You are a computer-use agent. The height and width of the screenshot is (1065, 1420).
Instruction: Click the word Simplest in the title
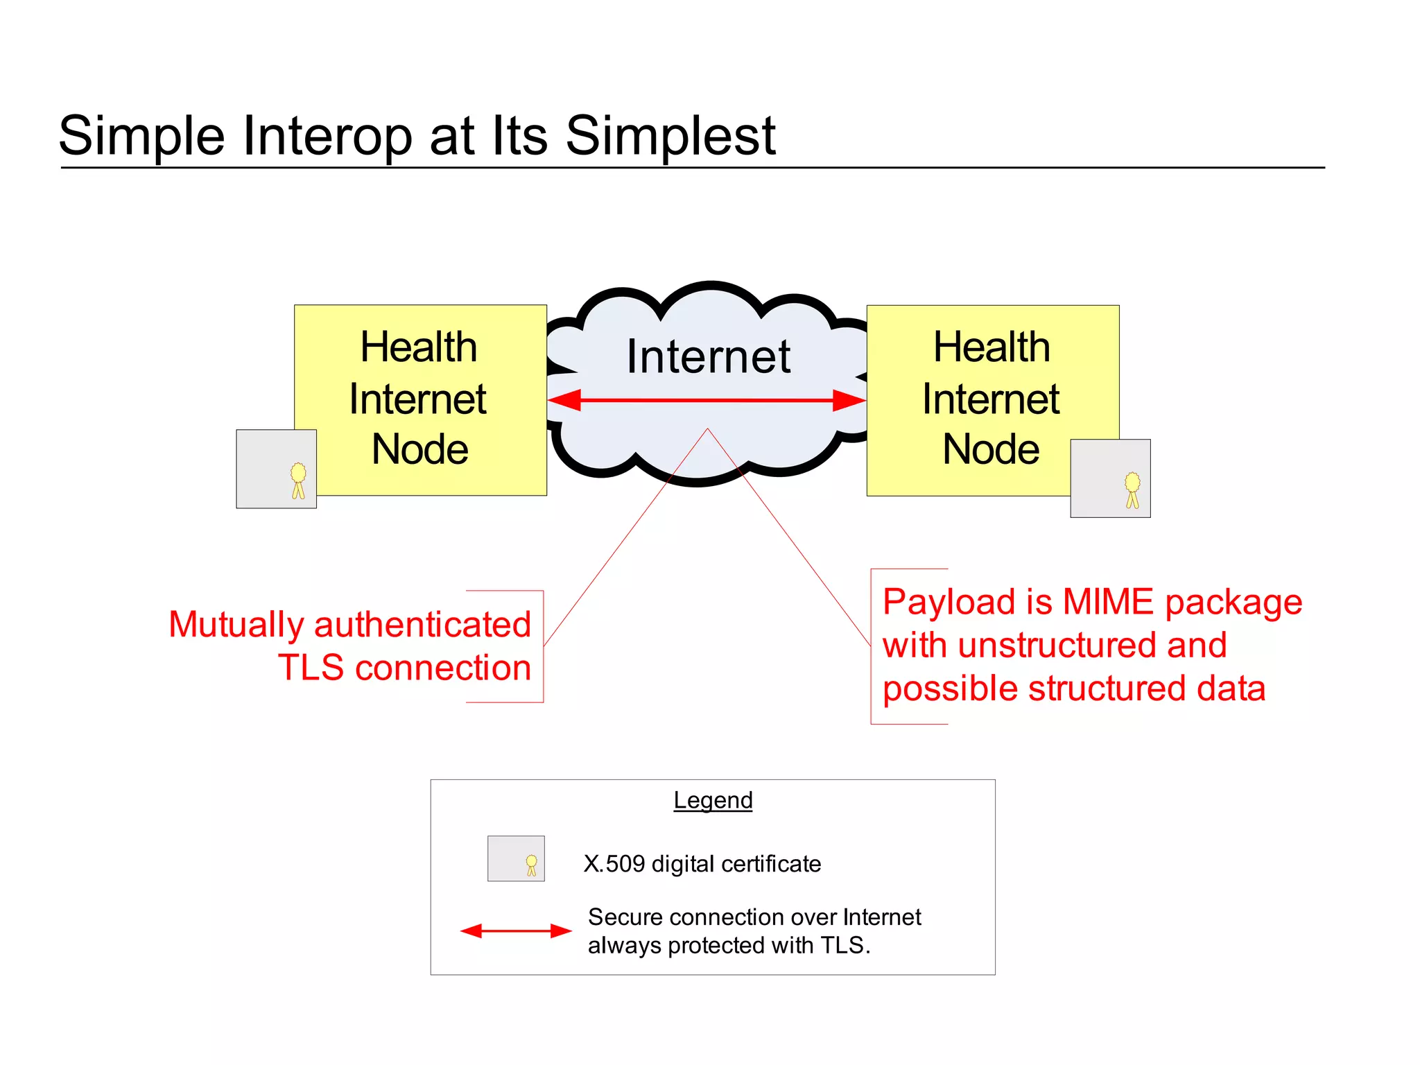(x=670, y=135)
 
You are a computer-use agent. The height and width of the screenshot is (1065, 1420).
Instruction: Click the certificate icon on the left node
(x=276, y=469)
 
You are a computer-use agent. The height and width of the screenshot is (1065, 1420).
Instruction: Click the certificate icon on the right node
(x=1110, y=478)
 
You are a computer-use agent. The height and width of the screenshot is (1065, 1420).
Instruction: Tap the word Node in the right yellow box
(x=991, y=449)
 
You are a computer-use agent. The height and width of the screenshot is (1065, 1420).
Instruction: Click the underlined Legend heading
(x=713, y=800)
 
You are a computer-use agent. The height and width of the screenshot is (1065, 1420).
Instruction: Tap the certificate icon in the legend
(x=516, y=858)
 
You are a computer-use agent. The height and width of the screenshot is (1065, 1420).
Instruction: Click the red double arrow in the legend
(x=516, y=930)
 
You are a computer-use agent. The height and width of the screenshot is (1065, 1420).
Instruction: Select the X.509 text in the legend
(x=614, y=864)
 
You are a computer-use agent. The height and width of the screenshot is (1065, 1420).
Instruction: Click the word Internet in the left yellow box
(x=417, y=399)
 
